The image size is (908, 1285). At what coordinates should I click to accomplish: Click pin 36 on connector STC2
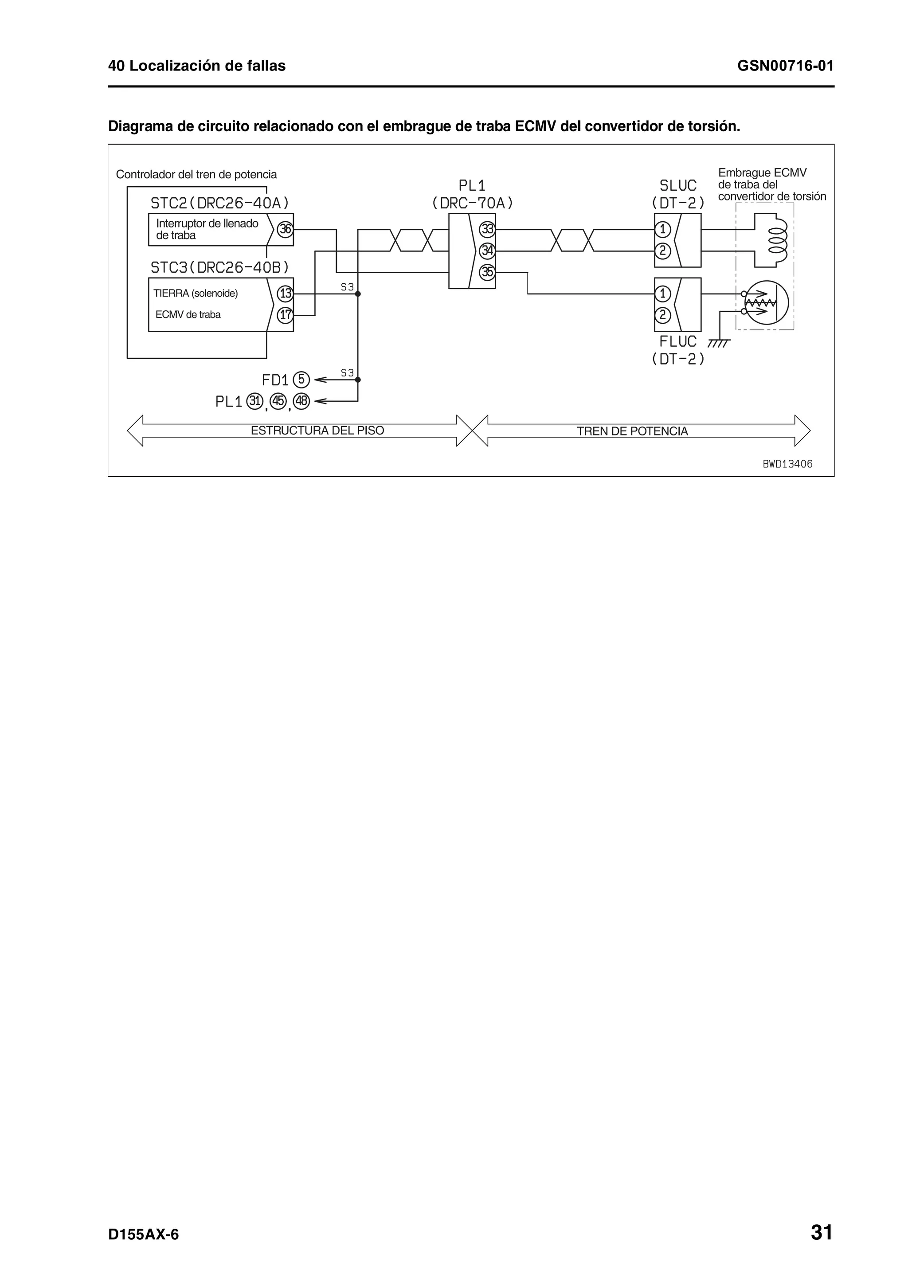click(x=286, y=229)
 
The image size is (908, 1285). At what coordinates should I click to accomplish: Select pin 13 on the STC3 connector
click(x=286, y=293)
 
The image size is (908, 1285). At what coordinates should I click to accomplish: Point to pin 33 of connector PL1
click(x=487, y=229)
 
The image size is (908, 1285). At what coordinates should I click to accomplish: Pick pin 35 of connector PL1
click(x=487, y=272)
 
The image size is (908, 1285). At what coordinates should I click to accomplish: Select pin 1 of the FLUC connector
click(x=662, y=293)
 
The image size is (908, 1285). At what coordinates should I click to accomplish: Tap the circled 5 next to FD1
click(x=301, y=380)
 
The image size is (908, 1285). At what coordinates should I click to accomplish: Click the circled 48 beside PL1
click(x=301, y=401)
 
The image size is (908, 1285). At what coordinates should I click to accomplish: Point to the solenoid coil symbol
click(x=778, y=239)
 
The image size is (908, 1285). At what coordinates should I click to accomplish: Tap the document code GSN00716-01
click(x=785, y=66)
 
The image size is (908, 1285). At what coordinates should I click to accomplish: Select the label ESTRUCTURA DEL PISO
click(x=317, y=431)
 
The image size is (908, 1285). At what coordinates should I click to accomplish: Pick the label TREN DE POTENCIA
click(x=632, y=431)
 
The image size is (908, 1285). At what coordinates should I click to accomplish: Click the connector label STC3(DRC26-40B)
click(x=220, y=266)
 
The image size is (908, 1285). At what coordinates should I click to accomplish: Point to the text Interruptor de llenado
click(x=207, y=223)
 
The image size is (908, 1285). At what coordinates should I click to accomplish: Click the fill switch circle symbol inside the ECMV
click(x=765, y=302)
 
